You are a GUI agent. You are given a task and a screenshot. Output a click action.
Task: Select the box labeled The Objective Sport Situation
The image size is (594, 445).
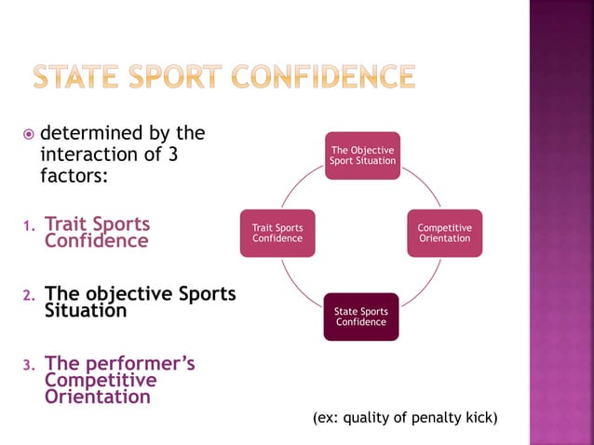[x=362, y=155]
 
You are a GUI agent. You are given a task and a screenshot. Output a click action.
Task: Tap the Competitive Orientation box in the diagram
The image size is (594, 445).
[x=444, y=233]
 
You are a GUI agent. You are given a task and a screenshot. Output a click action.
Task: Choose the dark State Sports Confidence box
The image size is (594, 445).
[x=361, y=317]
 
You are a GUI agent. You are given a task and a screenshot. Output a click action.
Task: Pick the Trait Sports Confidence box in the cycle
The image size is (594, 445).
[x=277, y=233]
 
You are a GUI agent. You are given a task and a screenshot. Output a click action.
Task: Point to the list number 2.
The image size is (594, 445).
[x=27, y=296]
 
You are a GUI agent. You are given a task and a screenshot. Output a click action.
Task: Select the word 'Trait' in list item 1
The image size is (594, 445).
[x=67, y=224]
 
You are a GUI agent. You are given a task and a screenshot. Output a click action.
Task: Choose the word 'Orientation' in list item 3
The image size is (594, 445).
[x=98, y=397]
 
